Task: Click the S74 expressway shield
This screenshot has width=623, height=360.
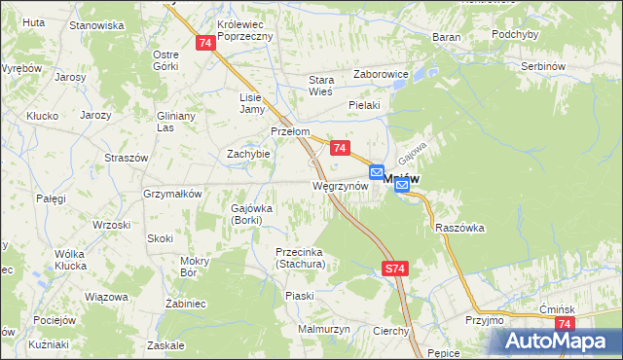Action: (x=394, y=268)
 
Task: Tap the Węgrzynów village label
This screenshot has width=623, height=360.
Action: (x=339, y=184)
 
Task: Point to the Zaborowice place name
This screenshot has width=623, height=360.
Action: (x=381, y=73)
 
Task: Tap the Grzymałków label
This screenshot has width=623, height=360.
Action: (x=172, y=194)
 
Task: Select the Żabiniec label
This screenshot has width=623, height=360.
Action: (x=186, y=304)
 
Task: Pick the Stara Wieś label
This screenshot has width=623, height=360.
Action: (x=321, y=85)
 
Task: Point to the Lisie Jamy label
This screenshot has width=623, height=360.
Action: (x=252, y=102)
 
